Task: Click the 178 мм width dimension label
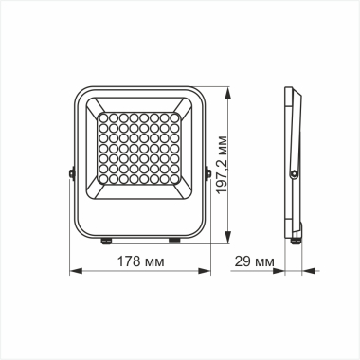pos(140,260)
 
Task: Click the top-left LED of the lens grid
pos(103,118)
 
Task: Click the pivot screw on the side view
pos(296,173)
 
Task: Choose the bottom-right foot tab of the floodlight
pos(172,241)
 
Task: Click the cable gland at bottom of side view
pos(297,237)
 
